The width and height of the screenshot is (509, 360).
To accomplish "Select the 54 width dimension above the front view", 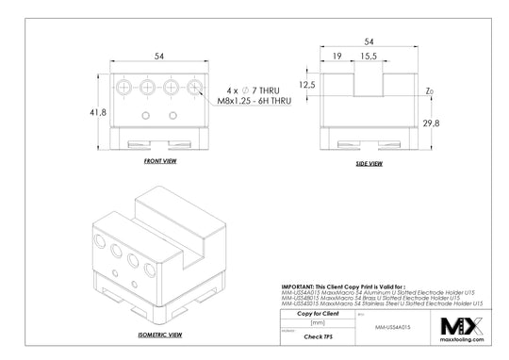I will [x=160, y=57].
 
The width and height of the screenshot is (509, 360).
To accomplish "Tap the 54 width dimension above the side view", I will [x=369, y=42].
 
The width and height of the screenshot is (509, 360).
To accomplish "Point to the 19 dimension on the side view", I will [x=337, y=57].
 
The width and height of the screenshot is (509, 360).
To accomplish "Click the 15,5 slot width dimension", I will [x=369, y=57].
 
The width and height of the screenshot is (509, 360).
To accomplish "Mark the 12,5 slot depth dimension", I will [x=306, y=85].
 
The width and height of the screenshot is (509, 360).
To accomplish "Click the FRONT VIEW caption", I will [x=160, y=162].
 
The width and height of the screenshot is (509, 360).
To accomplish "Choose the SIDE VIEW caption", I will [x=368, y=163].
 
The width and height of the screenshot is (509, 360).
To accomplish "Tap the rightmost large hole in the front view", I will [x=194, y=88].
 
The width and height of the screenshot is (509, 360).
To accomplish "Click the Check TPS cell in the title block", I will [x=317, y=334].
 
